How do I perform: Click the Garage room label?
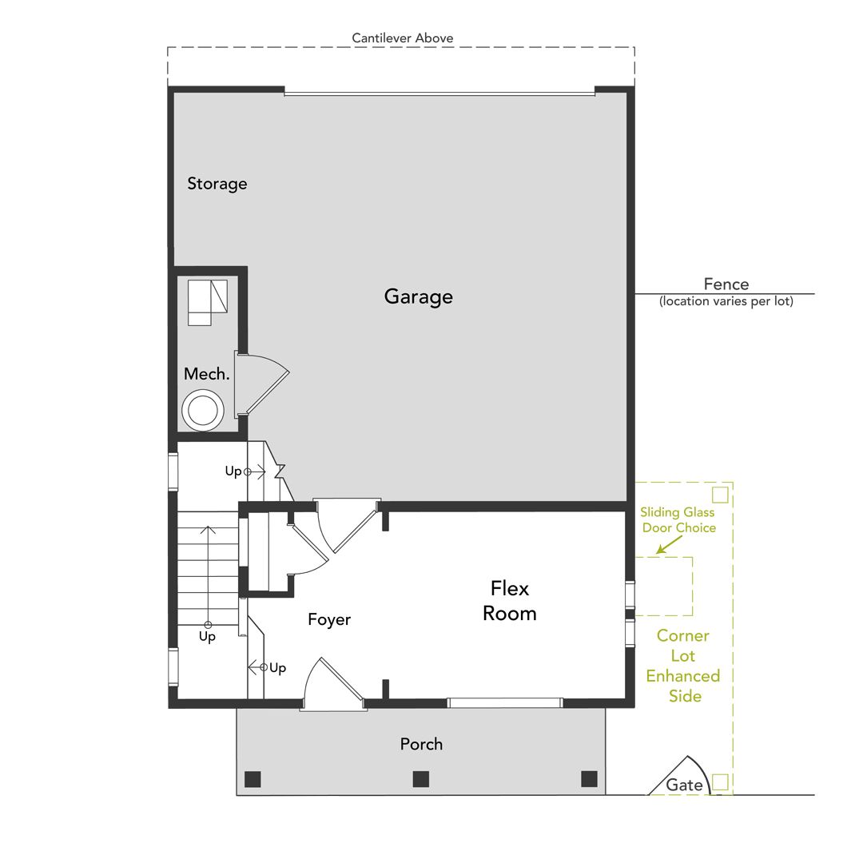pos(418,296)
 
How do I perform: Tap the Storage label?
pos(217,183)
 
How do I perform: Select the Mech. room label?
pos(206,374)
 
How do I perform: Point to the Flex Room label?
pos(510,600)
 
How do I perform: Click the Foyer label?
pos(329,620)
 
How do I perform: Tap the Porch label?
pos(421,744)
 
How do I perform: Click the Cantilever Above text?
pos(402,38)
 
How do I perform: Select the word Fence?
pos(726,284)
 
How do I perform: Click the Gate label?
pos(684,785)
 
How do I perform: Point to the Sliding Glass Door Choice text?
pos(678,520)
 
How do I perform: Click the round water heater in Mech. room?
pos(203,411)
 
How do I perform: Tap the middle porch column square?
pos(421,779)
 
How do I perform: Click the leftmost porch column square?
pos(253,779)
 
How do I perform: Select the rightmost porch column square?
pos(590,779)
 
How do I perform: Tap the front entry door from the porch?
pos(333,683)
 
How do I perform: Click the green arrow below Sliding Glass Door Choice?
pos(669,545)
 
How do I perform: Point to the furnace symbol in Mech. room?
pos(208,303)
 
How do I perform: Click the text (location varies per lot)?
pos(726,301)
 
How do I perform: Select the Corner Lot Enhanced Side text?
pos(683,666)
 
